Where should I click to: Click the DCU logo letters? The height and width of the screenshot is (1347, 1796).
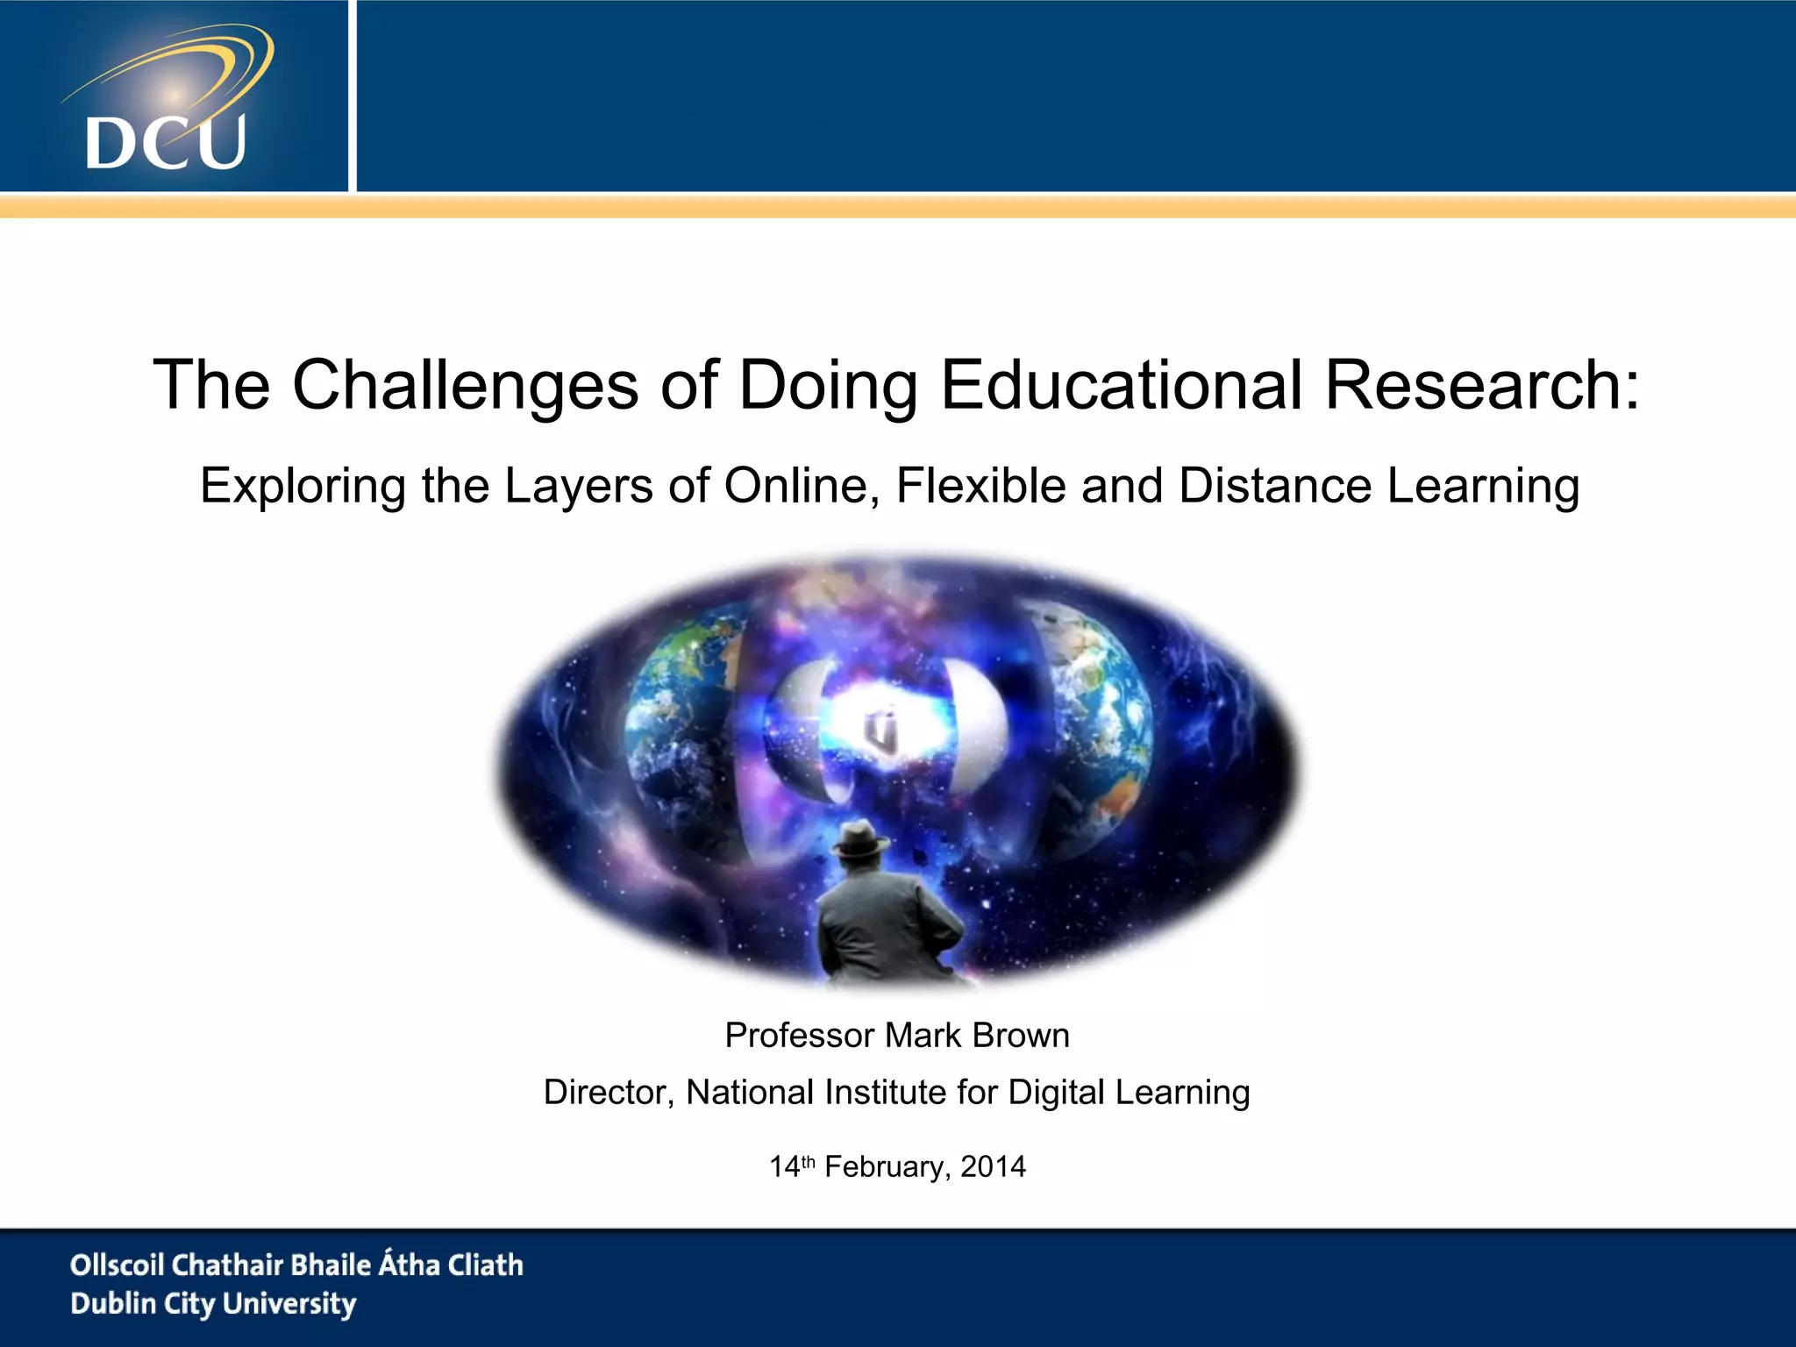tap(166, 142)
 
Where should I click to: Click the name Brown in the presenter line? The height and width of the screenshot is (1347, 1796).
tap(1021, 1036)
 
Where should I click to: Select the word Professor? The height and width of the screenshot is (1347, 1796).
tap(801, 1036)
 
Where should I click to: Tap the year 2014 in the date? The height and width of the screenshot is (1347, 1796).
tap(993, 1167)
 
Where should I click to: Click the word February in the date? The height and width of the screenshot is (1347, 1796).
tap(884, 1167)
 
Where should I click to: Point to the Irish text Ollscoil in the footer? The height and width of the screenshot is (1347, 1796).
tap(117, 1265)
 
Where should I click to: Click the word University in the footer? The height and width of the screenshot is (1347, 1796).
tap(289, 1304)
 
